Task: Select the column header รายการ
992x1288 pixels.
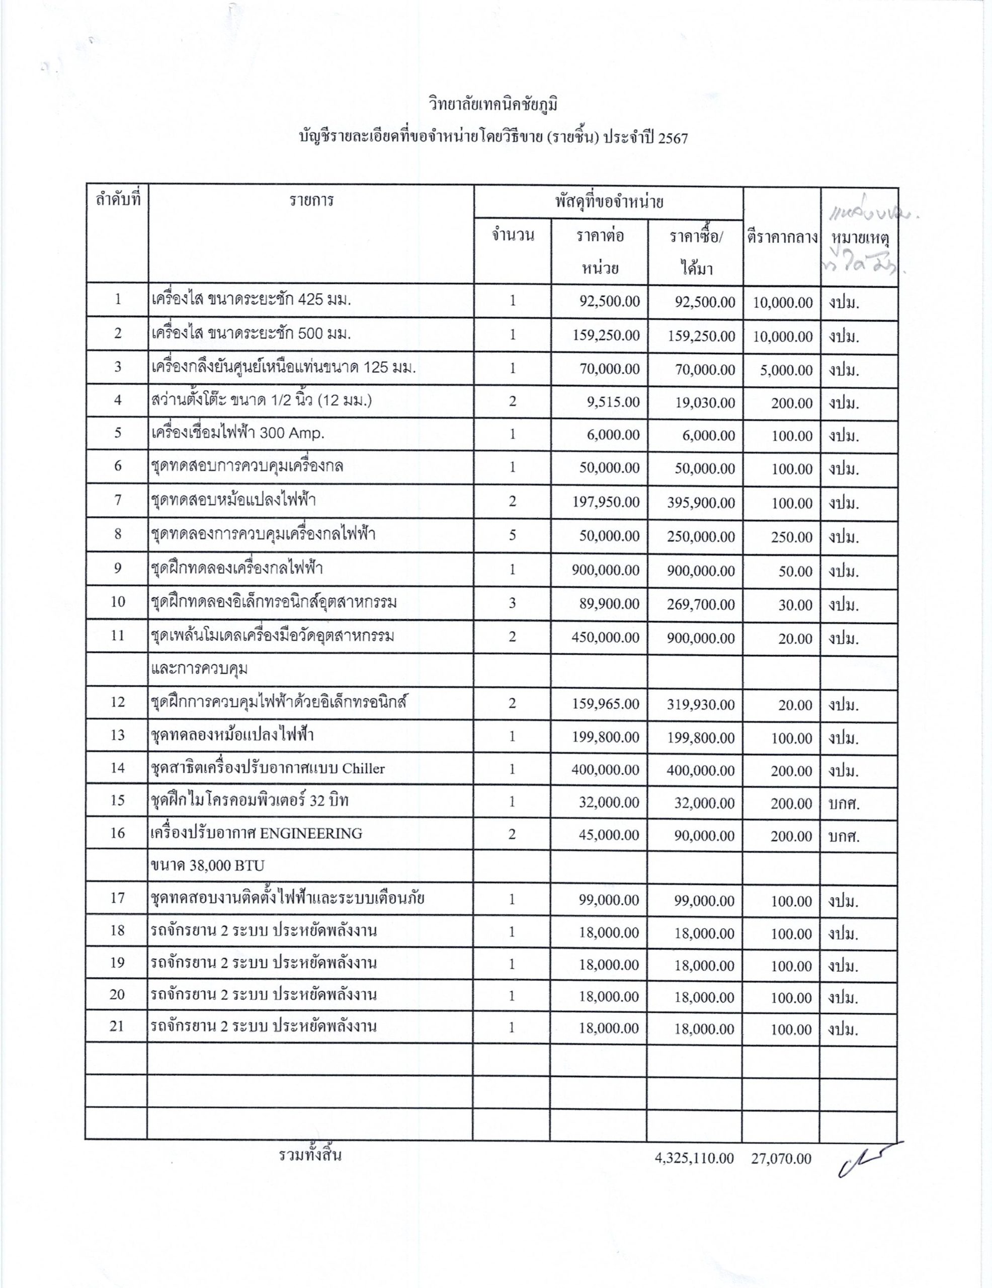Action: coord(311,201)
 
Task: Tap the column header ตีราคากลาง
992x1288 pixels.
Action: coord(781,237)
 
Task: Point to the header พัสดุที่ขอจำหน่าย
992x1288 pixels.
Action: coord(609,202)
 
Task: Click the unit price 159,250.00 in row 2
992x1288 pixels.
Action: coord(606,336)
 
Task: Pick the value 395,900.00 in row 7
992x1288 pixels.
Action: coord(701,503)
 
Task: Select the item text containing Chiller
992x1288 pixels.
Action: coord(267,768)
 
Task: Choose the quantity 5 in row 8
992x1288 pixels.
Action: coord(512,535)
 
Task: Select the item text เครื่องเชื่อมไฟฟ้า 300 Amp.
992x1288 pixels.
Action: coord(237,434)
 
